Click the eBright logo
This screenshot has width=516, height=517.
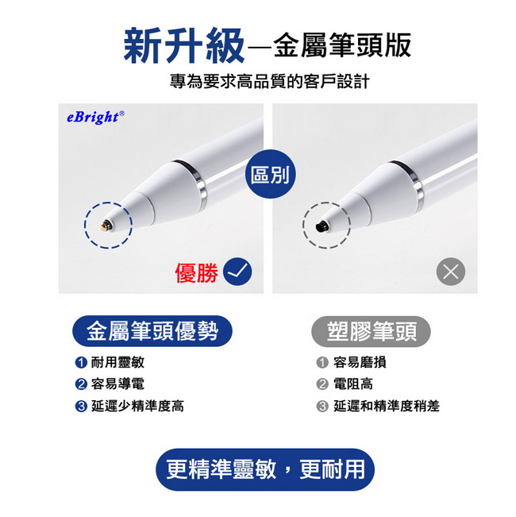(x=94, y=117)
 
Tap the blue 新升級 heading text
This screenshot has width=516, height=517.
(x=183, y=46)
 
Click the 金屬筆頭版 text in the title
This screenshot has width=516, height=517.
(x=342, y=46)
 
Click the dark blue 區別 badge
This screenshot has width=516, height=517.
(x=269, y=176)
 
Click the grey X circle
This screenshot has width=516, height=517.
(x=451, y=273)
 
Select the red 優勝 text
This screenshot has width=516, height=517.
(x=196, y=273)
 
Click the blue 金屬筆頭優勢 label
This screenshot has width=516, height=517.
(x=152, y=330)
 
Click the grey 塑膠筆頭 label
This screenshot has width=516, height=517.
(x=372, y=330)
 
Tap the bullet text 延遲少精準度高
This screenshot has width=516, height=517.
(x=137, y=406)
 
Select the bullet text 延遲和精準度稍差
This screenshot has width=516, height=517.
(x=387, y=406)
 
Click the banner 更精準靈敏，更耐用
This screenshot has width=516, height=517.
(x=265, y=469)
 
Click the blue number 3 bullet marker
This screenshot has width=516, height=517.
(x=81, y=406)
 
